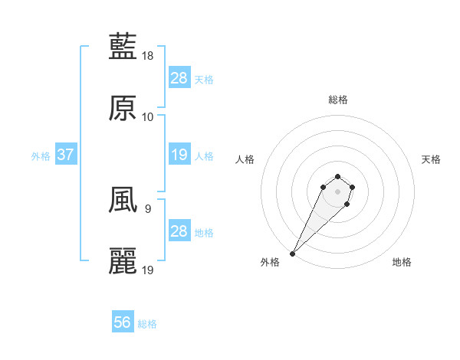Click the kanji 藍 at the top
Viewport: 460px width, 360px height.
point(123,47)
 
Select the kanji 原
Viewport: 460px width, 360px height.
point(123,109)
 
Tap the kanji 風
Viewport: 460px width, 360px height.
point(123,201)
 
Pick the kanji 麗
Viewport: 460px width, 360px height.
point(123,262)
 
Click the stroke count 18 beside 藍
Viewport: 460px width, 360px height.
point(149,56)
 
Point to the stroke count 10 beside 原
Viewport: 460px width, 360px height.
point(148,117)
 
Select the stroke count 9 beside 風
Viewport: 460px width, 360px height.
point(147,208)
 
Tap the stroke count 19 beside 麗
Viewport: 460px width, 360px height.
point(149,270)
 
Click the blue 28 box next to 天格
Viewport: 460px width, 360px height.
point(179,78)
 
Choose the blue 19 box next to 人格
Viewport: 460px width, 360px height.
point(179,155)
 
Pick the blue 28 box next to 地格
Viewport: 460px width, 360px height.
point(179,231)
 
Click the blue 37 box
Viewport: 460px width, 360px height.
point(66,155)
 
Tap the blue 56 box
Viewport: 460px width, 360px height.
point(123,323)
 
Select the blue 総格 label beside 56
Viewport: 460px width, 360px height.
point(147,324)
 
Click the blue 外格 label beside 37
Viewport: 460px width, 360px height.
point(41,155)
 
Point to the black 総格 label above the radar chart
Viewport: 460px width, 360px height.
point(337,100)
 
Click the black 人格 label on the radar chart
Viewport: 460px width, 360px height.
point(245,159)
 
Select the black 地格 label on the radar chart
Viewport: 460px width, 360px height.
point(402,263)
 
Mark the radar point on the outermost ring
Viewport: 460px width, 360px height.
point(293,253)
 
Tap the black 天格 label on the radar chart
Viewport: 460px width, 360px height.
point(431,159)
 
